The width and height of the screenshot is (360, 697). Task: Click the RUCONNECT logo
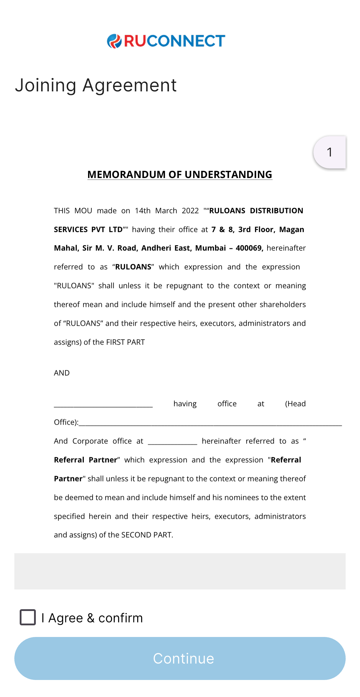(166, 41)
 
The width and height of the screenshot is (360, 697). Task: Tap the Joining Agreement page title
(96, 85)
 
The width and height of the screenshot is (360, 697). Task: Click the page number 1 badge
(330, 152)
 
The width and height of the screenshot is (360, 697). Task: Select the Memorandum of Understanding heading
(180, 175)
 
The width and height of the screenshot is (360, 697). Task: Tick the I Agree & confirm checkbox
(28, 617)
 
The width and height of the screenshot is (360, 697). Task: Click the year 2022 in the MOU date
(190, 211)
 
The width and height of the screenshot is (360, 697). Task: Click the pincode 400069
(249, 248)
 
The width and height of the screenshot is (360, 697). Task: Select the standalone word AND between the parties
(62, 373)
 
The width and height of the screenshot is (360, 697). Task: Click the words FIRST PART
(125, 342)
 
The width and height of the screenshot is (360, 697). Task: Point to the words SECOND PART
(147, 535)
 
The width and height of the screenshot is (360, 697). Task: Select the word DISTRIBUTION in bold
(276, 211)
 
